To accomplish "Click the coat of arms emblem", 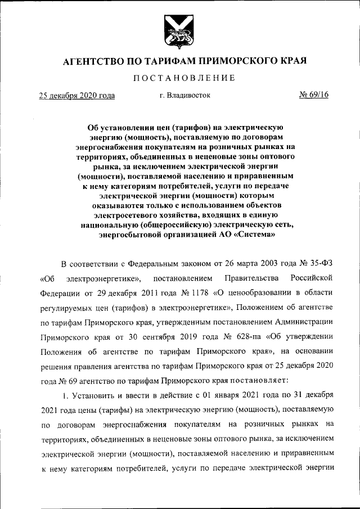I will [x=179, y=31].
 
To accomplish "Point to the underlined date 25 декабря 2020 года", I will [x=76, y=96].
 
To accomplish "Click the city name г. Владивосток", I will [x=184, y=96].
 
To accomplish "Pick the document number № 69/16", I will [x=314, y=95].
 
